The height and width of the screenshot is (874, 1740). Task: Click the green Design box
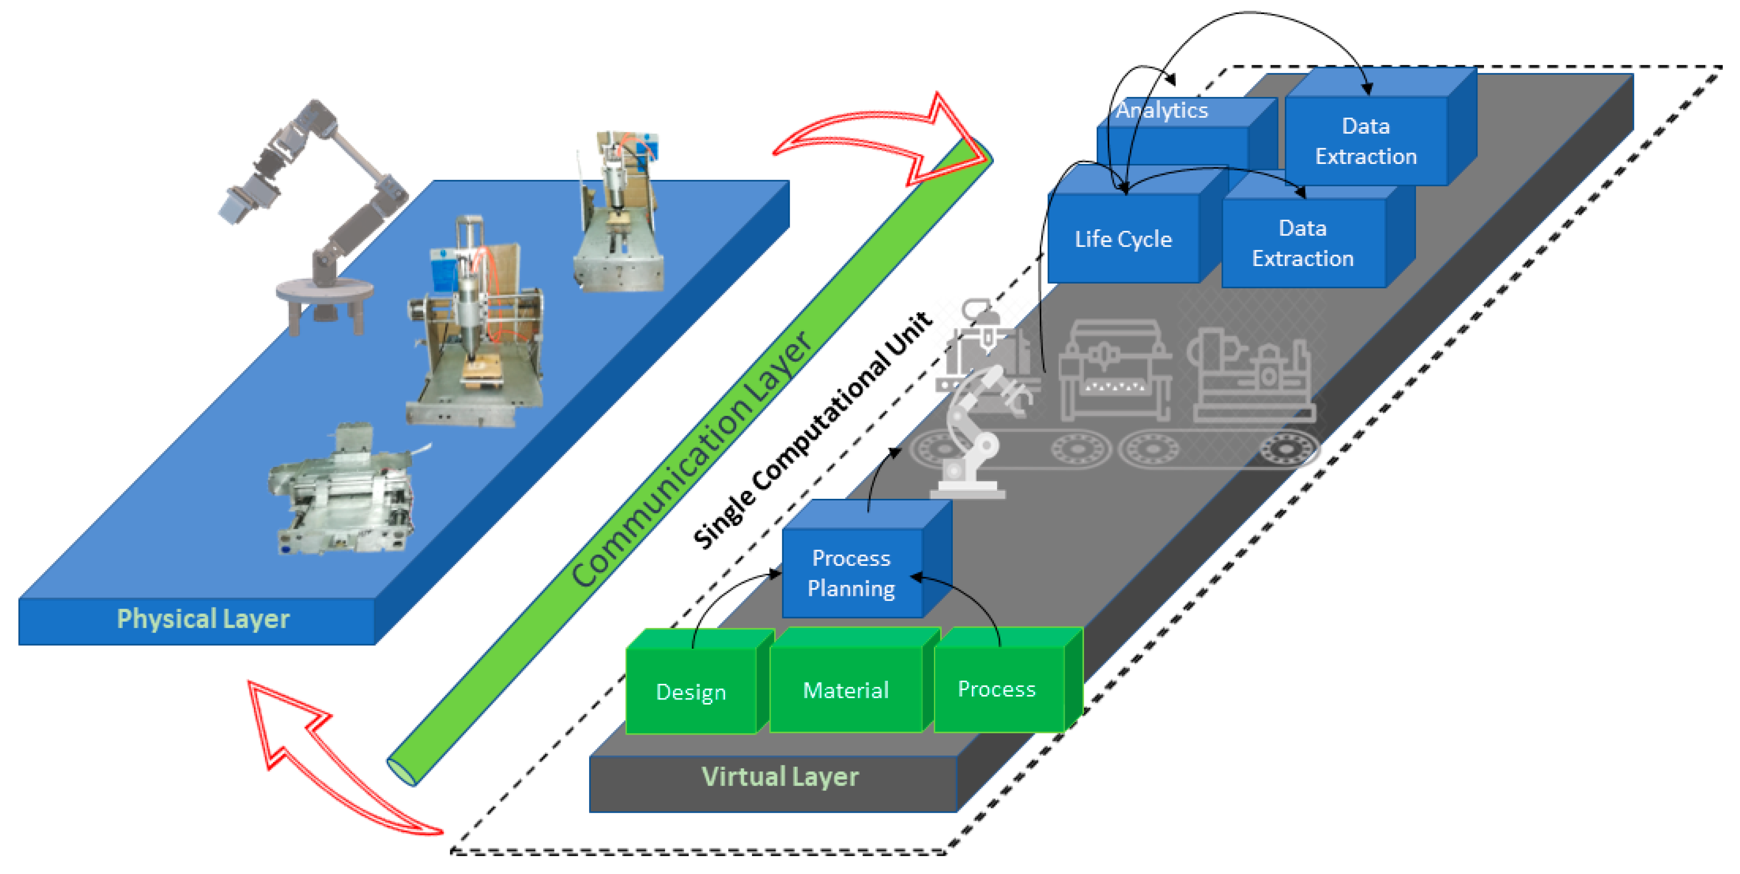tap(690, 690)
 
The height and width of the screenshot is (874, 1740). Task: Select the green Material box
tap(846, 689)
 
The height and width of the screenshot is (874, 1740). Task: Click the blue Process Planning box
tap(851, 573)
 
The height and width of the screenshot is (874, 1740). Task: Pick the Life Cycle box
tap(1123, 238)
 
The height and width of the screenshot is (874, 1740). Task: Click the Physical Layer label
tap(203, 619)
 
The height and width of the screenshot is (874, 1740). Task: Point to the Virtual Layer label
tap(780, 777)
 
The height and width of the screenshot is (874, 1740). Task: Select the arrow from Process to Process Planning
tap(973, 594)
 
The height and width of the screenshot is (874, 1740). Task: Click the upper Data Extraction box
tap(1366, 140)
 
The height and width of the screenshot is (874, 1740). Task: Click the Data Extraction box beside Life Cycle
tap(1302, 243)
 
